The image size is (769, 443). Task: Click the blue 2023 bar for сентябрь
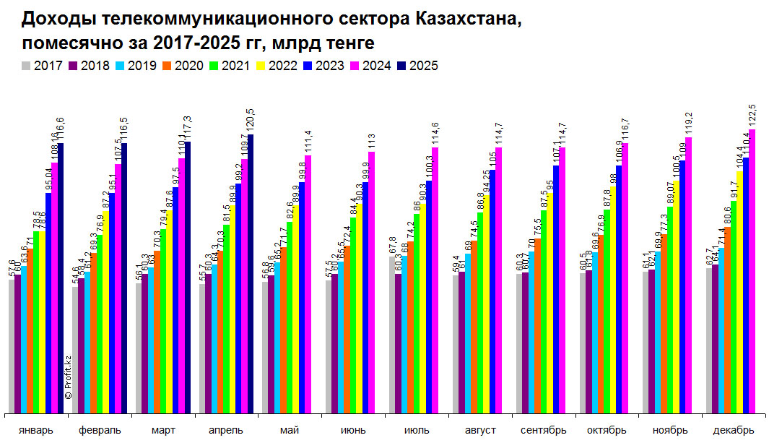click(556, 289)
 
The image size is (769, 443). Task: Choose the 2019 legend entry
click(136, 66)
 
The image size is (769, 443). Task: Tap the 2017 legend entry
click(42, 66)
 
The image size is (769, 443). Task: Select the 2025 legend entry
click(418, 66)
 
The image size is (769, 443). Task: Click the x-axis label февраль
click(100, 431)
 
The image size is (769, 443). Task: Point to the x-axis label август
click(480, 431)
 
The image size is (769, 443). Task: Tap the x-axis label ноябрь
click(670, 431)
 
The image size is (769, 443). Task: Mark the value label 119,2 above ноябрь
click(688, 123)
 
